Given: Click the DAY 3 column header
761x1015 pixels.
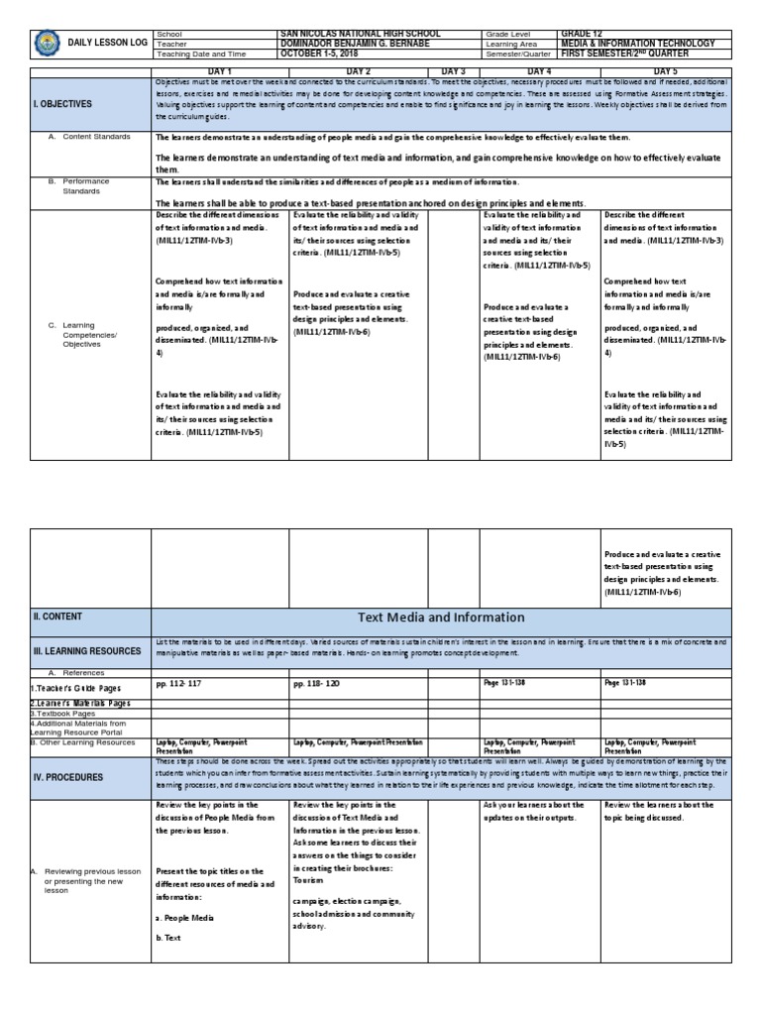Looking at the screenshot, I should coord(454,71).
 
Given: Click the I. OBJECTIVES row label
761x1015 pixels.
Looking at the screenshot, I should coord(63,103).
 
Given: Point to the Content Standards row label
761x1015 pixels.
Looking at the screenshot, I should coord(96,137).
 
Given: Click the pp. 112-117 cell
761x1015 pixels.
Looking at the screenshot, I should coord(177,684).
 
